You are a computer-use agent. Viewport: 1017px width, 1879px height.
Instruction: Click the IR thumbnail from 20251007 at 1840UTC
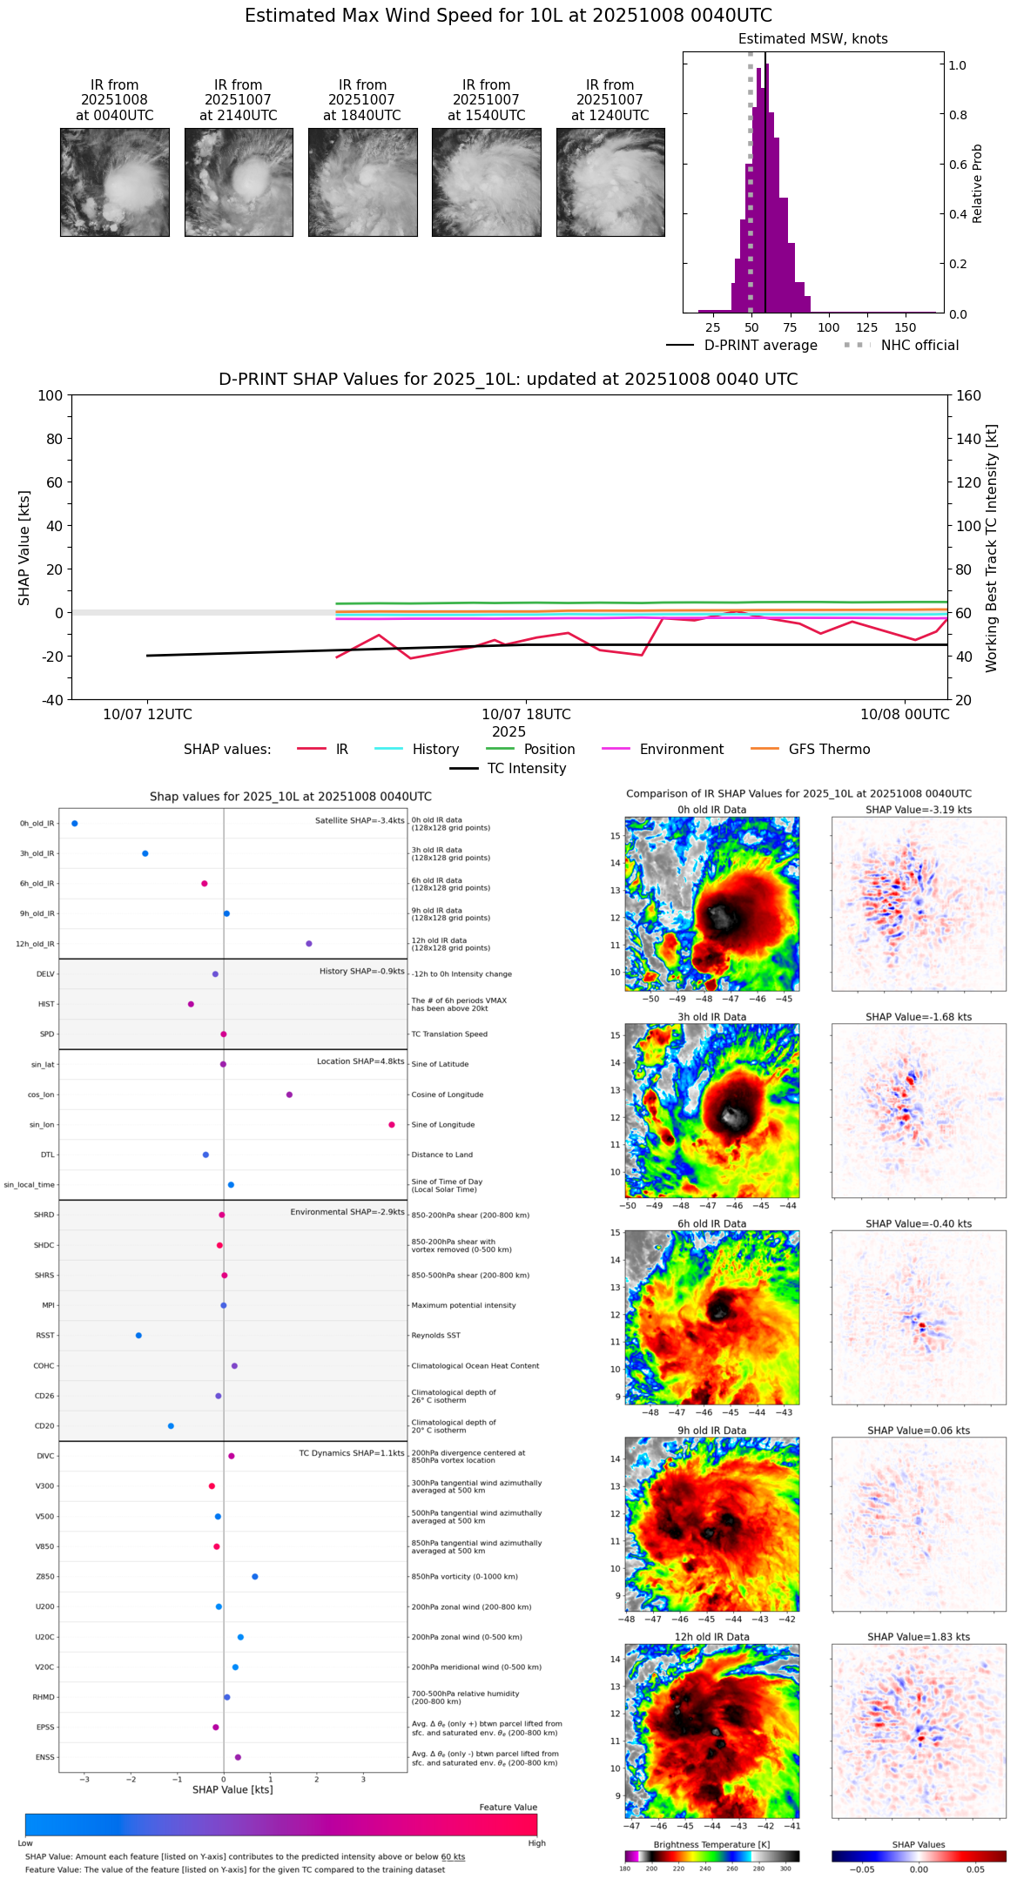362,182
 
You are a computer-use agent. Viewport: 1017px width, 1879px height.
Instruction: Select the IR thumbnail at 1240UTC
610,182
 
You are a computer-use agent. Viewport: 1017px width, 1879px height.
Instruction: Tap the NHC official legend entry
919,346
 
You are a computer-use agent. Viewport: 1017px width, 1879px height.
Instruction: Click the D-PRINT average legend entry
760,346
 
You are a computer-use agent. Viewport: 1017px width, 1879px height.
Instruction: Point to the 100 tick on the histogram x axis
829,327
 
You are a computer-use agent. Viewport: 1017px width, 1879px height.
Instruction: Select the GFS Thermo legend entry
829,750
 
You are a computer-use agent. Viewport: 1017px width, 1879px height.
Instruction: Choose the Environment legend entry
681,750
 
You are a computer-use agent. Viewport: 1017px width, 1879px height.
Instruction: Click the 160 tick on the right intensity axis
969,395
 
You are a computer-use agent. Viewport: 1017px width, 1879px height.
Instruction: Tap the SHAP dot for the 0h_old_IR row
75,823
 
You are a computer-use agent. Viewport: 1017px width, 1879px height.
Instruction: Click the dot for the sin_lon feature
392,1124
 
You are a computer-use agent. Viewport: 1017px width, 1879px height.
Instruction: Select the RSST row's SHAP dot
138,1335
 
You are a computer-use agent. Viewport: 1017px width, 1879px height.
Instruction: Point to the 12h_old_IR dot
309,943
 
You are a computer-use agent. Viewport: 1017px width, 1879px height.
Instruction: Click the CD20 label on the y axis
44,1425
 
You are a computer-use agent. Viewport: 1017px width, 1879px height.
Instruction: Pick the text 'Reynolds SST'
436,1336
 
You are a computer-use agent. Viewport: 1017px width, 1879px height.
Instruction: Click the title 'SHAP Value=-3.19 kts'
919,810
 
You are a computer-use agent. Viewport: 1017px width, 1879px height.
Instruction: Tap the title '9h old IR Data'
711,1431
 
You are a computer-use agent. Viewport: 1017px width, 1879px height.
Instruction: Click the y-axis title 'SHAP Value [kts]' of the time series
24,548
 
